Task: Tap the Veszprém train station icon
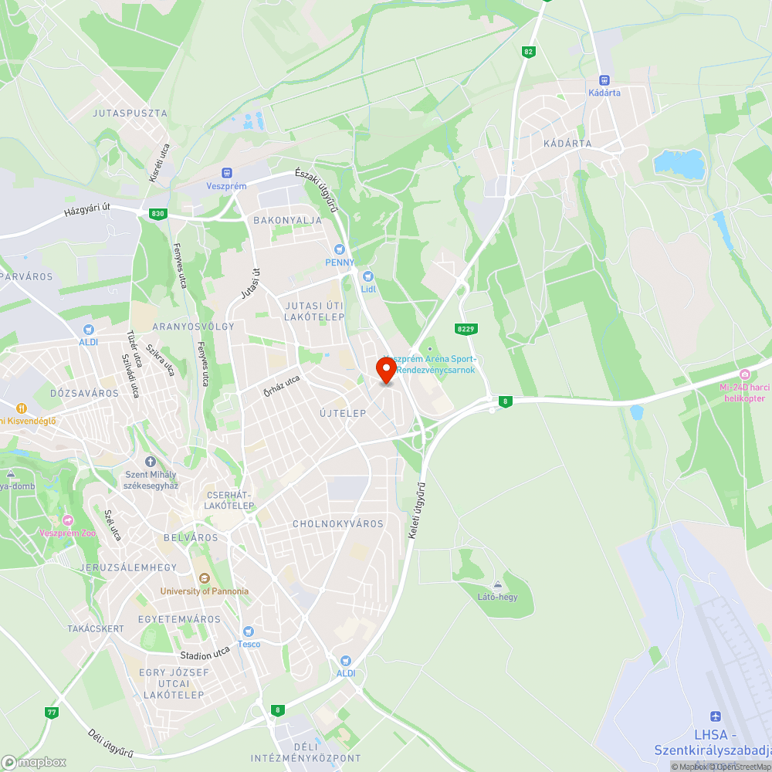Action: pyautogui.click(x=226, y=173)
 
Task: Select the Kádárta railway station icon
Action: pyautogui.click(x=604, y=80)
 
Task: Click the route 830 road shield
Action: pyautogui.click(x=158, y=213)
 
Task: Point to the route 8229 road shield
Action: pyautogui.click(x=465, y=329)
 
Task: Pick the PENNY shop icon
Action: pyautogui.click(x=339, y=249)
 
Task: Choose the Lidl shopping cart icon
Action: pyautogui.click(x=368, y=276)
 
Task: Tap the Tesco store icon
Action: pyautogui.click(x=249, y=631)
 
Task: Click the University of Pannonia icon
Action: pyautogui.click(x=204, y=578)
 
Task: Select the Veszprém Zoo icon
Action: pyautogui.click(x=68, y=520)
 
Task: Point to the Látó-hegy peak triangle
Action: pyautogui.click(x=497, y=584)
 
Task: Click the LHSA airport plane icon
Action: pyautogui.click(x=716, y=717)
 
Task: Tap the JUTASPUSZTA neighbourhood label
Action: pyautogui.click(x=130, y=113)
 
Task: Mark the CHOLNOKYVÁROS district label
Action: pyautogui.click(x=338, y=523)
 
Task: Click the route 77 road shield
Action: pyautogui.click(x=52, y=712)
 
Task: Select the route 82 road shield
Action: pyautogui.click(x=528, y=52)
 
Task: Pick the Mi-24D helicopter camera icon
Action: pyautogui.click(x=743, y=374)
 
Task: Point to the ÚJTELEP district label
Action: pyautogui.click(x=343, y=413)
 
